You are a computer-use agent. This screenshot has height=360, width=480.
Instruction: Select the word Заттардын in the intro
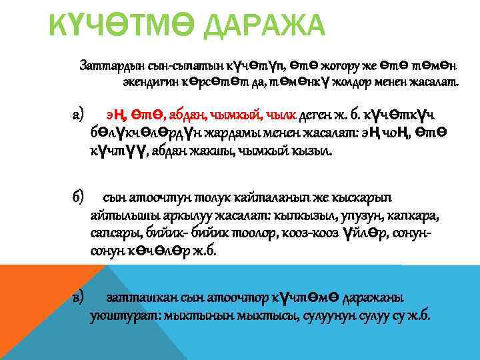pos(107,65)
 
